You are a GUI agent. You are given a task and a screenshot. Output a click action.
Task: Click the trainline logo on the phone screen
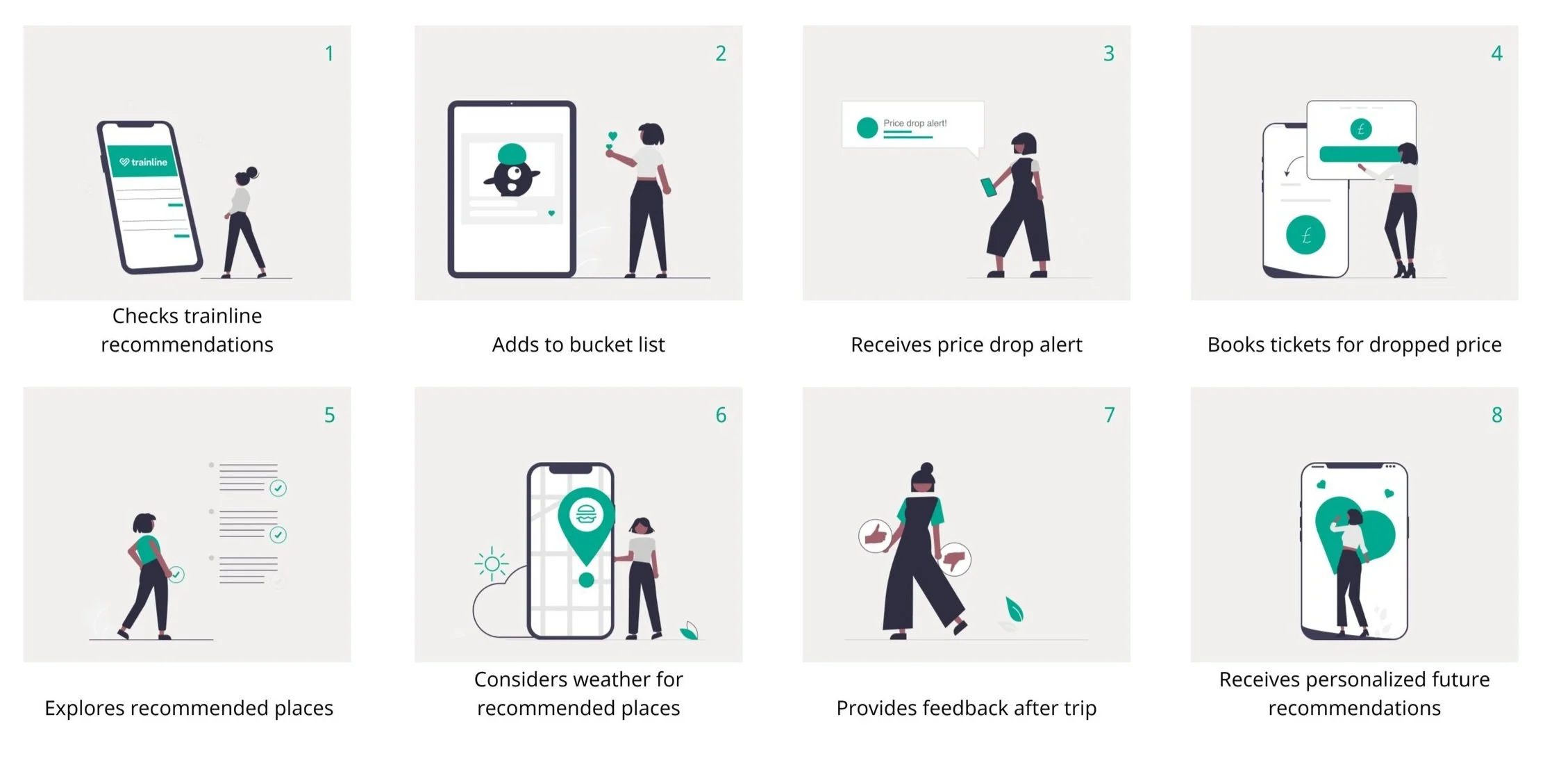tap(143, 162)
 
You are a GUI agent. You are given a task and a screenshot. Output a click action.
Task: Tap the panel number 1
tap(329, 53)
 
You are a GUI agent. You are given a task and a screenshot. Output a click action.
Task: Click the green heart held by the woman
tap(612, 137)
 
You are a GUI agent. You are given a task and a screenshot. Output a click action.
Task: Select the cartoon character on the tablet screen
tap(512, 170)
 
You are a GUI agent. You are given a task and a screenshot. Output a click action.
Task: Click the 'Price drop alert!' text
tap(915, 123)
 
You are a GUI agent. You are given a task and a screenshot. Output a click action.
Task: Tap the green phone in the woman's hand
tap(988, 188)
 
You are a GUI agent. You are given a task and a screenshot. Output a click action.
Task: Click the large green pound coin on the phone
tap(1305, 235)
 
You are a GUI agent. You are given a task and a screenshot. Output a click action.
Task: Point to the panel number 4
tap(1496, 53)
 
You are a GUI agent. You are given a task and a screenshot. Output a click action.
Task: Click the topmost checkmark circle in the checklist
tap(278, 488)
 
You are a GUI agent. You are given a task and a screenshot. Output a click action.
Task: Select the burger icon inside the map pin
tap(586, 515)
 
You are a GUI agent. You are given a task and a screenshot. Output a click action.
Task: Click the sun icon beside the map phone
tap(492, 563)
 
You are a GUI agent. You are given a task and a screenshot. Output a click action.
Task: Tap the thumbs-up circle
tap(876, 536)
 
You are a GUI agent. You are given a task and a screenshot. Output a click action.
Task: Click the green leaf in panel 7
tap(1014, 609)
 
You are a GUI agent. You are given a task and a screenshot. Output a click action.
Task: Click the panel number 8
tap(1496, 415)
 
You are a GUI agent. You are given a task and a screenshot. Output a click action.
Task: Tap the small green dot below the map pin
tap(586, 579)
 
